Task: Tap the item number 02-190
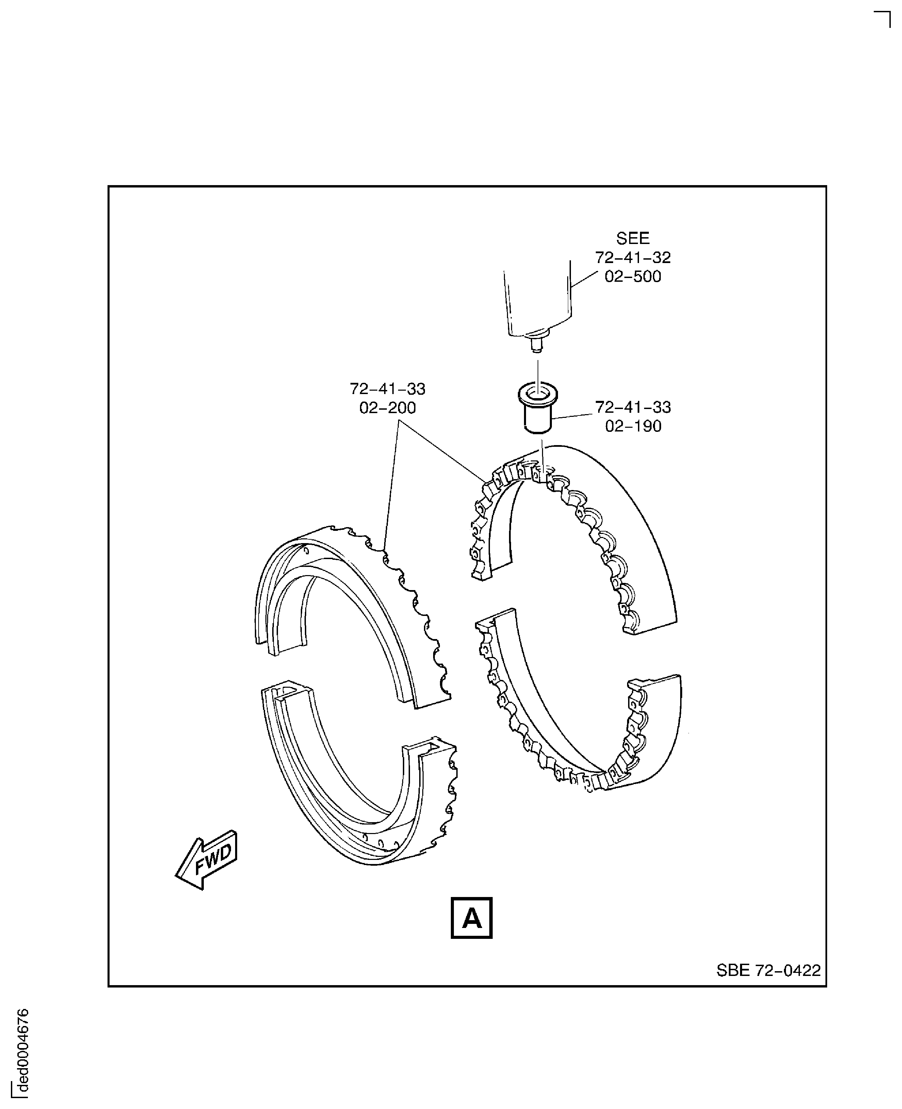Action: click(633, 426)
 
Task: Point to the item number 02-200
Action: click(387, 408)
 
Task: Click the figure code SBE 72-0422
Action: click(768, 970)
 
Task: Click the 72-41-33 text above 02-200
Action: click(387, 389)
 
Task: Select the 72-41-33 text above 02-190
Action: click(633, 407)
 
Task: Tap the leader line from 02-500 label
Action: click(585, 279)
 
